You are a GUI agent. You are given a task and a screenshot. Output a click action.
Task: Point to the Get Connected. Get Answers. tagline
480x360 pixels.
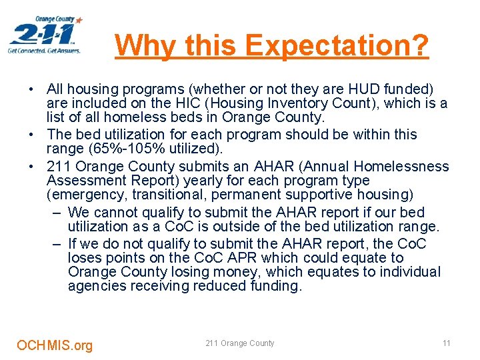44,51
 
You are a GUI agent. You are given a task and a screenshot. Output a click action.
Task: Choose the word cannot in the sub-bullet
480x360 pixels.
110,213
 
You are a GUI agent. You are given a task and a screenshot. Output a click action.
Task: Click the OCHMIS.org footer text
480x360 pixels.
55,345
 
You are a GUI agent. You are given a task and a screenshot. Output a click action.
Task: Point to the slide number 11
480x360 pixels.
447,343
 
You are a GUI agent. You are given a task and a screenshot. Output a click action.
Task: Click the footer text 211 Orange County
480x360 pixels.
240,343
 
